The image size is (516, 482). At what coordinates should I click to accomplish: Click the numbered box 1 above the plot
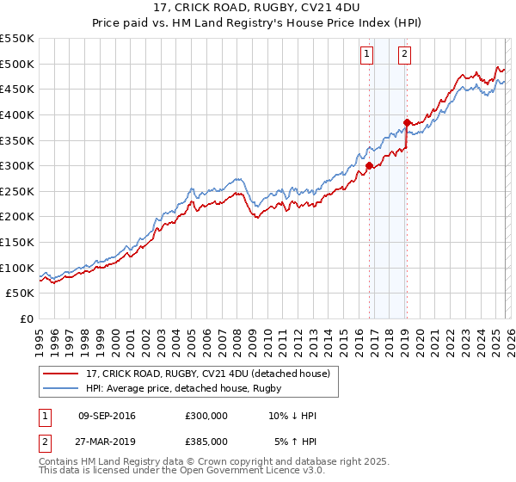tap(366, 54)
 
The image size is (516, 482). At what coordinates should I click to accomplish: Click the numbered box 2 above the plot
tap(404, 54)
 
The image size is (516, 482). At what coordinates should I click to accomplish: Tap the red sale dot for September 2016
tap(369, 165)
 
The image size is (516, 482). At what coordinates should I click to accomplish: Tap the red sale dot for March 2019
tap(407, 122)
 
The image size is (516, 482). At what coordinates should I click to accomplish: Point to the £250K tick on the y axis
tap(17, 191)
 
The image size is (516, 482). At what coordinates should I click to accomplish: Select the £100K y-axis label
tap(17, 268)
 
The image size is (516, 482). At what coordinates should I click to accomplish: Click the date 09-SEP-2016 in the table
tap(107, 417)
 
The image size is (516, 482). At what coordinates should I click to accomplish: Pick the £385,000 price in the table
tap(206, 442)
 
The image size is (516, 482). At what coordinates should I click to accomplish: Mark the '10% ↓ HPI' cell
tap(293, 417)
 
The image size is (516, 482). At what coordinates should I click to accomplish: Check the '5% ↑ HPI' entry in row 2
tap(296, 442)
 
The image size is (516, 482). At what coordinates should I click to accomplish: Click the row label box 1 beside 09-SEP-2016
tap(43, 417)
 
